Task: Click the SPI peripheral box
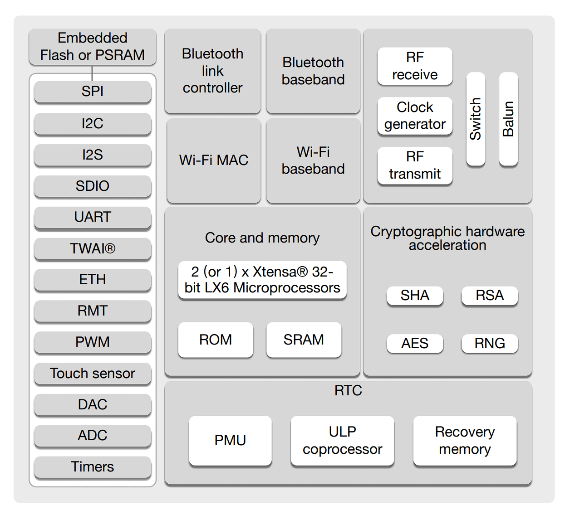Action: [93, 92]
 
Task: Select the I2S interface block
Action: [93, 155]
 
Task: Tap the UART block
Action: [93, 217]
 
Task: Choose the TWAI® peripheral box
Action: [93, 248]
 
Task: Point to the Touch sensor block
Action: [93, 374]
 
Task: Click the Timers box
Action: [93, 467]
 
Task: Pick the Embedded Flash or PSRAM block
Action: [93, 47]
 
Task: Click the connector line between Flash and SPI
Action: [92, 73]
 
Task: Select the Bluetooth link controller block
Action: [212, 71]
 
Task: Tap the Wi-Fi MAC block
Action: [214, 160]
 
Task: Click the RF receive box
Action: [415, 66]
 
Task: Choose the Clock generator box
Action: [415, 116]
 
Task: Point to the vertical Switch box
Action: [476, 119]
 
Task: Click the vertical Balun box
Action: [508, 119]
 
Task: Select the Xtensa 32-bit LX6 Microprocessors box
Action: [262, 280]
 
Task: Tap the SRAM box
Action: [304, 340]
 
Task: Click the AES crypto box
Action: [415, 343]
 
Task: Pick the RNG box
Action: [490, 343]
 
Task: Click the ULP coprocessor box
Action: [342, 440]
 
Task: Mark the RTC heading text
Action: [348, 391]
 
